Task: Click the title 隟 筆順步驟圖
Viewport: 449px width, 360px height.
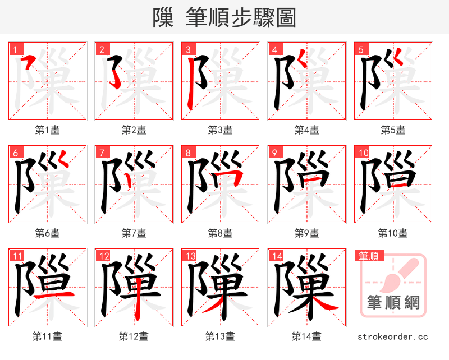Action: [x=224, y=17]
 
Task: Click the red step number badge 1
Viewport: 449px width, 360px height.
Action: [x=15, y=49]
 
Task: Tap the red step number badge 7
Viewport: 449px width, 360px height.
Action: [x=102, y=153]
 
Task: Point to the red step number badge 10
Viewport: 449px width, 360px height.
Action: [x=363, y=153]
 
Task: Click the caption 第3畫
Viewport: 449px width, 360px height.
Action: [x=220, y=130]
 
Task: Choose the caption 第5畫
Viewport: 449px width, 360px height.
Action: [x=393, y=130]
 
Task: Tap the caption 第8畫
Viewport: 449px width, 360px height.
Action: [x=220, y=233]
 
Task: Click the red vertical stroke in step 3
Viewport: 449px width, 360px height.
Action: [x=190, y=84]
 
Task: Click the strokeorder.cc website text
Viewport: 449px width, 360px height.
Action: [x=393, y=336]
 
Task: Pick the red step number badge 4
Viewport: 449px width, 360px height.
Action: [x=274, y=49]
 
